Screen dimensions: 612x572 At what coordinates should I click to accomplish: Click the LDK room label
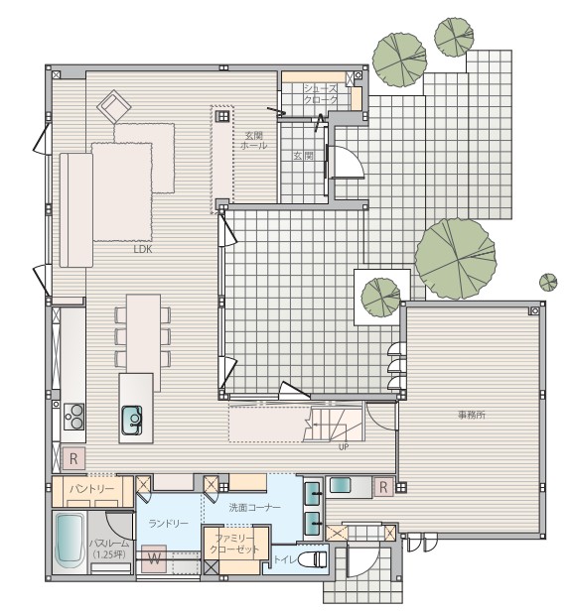(x=143, y=250)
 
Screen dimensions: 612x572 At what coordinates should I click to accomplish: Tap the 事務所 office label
(x=471, y=415)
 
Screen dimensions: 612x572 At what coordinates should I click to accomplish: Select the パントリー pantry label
(x=91, y=490)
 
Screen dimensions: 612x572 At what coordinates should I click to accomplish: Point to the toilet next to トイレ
(x=313, y=559)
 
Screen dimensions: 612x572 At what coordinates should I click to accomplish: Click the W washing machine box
(x=154, y=558)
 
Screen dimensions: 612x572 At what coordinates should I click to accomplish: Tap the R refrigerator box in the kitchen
(x=72, y=459)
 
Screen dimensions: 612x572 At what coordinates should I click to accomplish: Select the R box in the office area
(x=383, y=486)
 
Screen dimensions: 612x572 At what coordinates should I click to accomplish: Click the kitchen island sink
(x=132, y=420)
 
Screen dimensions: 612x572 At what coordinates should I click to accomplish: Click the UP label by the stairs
(x=344, y=447)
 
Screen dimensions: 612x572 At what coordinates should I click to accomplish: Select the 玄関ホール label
(x=252, y=140)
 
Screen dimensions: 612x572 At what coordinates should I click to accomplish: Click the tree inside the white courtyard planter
(x=379, y=295)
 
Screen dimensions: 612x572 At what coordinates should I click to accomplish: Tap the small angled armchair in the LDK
(x=114, y=104)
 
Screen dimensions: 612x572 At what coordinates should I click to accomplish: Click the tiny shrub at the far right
(x=547, y=281)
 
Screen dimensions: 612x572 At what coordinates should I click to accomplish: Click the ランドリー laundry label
(x=168, y=523)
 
